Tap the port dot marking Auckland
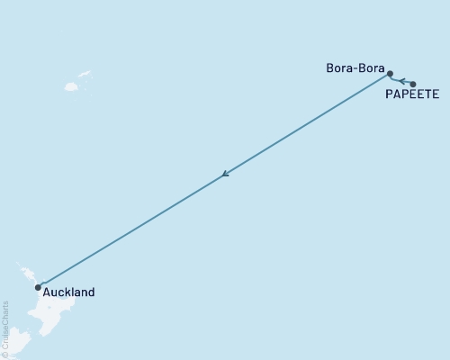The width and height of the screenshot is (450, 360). (38, 287)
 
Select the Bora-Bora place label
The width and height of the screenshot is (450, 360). (356, 68)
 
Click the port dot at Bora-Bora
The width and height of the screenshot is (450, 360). (390, 74)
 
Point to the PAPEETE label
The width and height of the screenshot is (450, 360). (411, 93)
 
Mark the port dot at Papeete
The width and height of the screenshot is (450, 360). (412, 84)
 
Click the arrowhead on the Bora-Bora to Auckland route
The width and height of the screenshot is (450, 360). (225, 174)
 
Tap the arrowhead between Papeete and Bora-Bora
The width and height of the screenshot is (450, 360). (402, 80)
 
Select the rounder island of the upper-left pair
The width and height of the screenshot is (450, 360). (71, 87)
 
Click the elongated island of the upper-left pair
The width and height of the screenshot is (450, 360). (85, 75)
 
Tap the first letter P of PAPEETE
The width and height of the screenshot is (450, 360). (388, 93)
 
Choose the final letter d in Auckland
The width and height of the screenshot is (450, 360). (90, 292)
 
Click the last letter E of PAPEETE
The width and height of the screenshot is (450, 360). (436, 93)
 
